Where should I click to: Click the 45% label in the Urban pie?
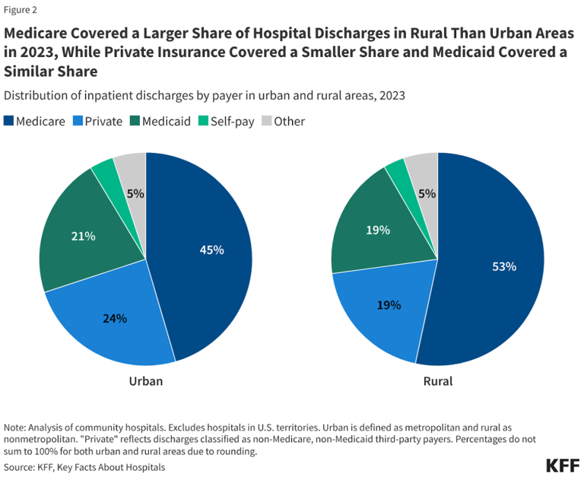(x=211, y=250)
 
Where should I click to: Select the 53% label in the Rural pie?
(x=503, y=266)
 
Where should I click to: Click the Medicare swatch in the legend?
(x=9, y=121)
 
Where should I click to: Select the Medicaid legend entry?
(x=162, y=121)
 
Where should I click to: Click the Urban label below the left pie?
(x=145, y=380)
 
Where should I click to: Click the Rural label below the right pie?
(x=437, y=380)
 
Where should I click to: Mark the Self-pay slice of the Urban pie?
(x=106, y=173)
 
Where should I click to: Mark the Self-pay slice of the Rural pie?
(x=396, y=173)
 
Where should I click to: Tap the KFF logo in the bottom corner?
(x=562, y=466)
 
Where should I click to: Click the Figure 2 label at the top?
(x=21, y=11)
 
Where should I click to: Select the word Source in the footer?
(x=21, y=466)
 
